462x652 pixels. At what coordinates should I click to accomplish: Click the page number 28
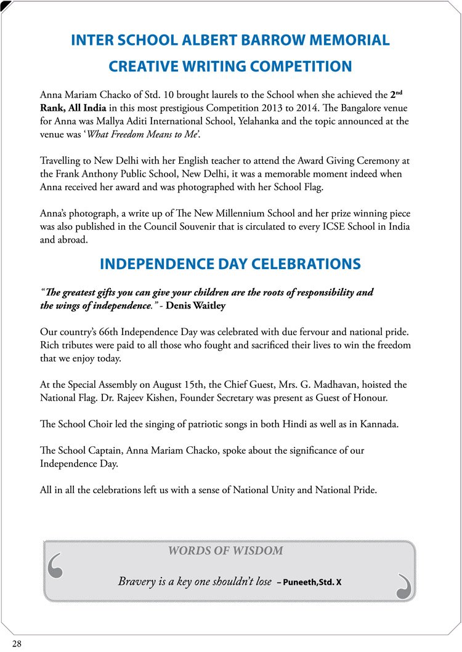pos(17,643)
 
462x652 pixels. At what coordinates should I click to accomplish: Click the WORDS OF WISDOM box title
pos(225,551)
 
